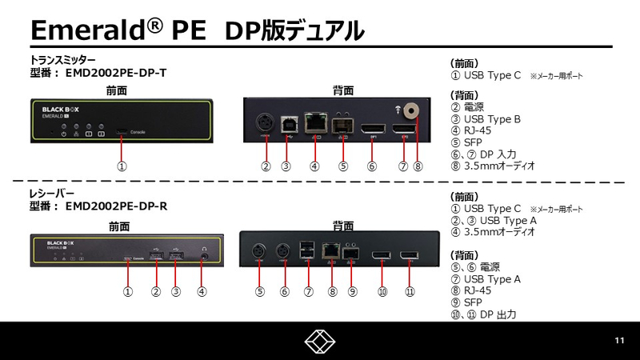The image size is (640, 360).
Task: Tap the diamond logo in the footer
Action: pyautogui.click(x=320, y=342)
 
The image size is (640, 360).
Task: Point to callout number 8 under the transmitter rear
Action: pyautogui.click(x=417, y=166)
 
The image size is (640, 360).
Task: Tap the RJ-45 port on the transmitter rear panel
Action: pyautogui.click(x=318, y=124)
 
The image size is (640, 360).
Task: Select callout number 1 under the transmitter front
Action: pyautogui.click(x=122, y=166)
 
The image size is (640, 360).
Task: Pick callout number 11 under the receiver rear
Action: pyautogui.click(x=409, y=292)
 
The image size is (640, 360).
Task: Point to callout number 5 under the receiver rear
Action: pyautogui.click(x=260, y=292)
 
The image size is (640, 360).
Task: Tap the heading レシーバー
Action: pyautogui.click(x=51, y=194)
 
